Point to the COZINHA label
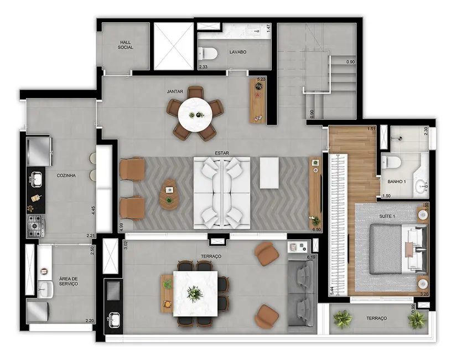click(66, 176)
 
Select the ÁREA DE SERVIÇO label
click(69, 281)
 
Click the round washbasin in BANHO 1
click(423, 186)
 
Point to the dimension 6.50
click(317, 228)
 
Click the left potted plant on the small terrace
click(343, 318)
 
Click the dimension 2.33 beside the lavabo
click(203, 67)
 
